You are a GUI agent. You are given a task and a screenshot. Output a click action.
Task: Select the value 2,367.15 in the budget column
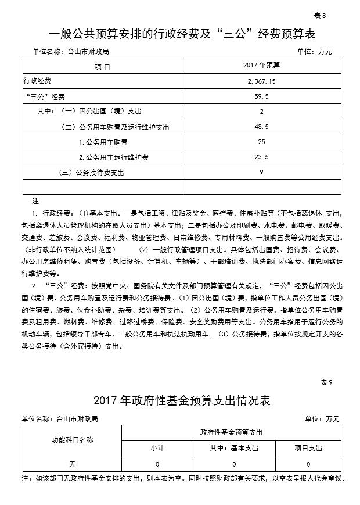[261, 81]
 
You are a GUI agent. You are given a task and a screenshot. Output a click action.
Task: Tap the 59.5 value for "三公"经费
[261, 96]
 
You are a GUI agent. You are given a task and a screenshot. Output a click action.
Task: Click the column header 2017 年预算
[261, 65]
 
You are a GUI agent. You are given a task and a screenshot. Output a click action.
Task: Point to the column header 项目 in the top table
[102, 66]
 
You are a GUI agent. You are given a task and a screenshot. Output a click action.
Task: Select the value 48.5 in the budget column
[261, 126]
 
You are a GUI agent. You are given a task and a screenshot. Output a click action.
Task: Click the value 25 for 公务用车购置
[261, 141]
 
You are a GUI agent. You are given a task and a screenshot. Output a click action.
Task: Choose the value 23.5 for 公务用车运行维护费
[261, 156]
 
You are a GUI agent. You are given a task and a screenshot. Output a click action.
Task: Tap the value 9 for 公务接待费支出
[261, 171]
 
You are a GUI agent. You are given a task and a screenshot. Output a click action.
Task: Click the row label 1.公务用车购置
[103, 141]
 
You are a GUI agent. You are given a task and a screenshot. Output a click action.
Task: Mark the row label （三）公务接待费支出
[92, 172]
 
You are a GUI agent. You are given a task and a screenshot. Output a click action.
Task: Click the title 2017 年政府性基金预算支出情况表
[181, 400]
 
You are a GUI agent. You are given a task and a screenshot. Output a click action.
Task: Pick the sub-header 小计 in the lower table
[157, 448]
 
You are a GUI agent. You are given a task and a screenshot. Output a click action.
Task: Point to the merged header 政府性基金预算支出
[231, 433]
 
